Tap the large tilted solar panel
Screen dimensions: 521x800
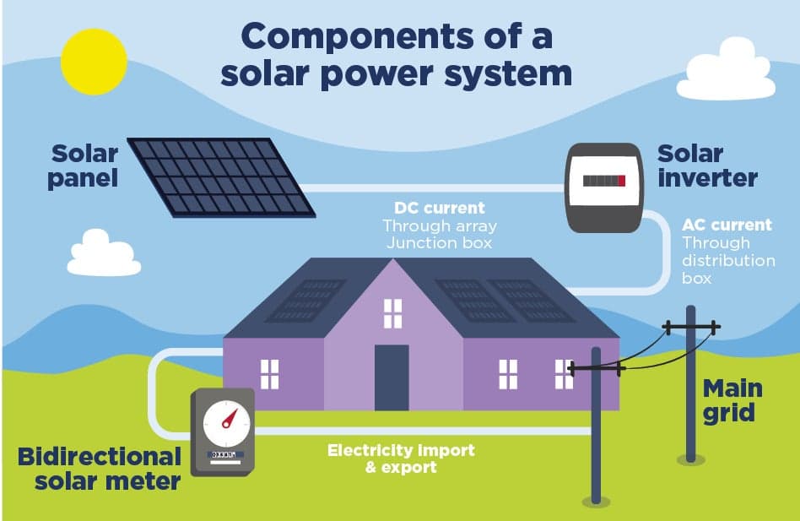[220, 176]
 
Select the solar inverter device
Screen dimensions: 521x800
[603, 187]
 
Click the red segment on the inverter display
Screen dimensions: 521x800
[622, 181]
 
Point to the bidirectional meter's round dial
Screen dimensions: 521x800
[225, 421]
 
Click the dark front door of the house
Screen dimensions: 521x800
[392, 377]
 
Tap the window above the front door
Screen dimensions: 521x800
[393, 313]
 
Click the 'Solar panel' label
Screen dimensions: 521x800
[83, 166]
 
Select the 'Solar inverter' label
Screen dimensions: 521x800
[707, 166]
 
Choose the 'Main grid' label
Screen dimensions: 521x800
[732, 400]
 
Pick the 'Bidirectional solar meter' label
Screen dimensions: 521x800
[100, 469]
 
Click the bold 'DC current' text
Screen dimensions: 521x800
[440, 208]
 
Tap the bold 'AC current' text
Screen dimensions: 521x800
[727, 225]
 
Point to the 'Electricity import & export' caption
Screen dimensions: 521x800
[401, 458]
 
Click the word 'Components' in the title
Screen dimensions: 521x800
[355, 36]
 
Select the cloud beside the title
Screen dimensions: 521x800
[726, 72]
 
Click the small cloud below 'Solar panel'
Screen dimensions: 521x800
[104, 255]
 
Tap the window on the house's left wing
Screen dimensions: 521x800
[269, 374]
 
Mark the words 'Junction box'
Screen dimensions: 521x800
[439, 243]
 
